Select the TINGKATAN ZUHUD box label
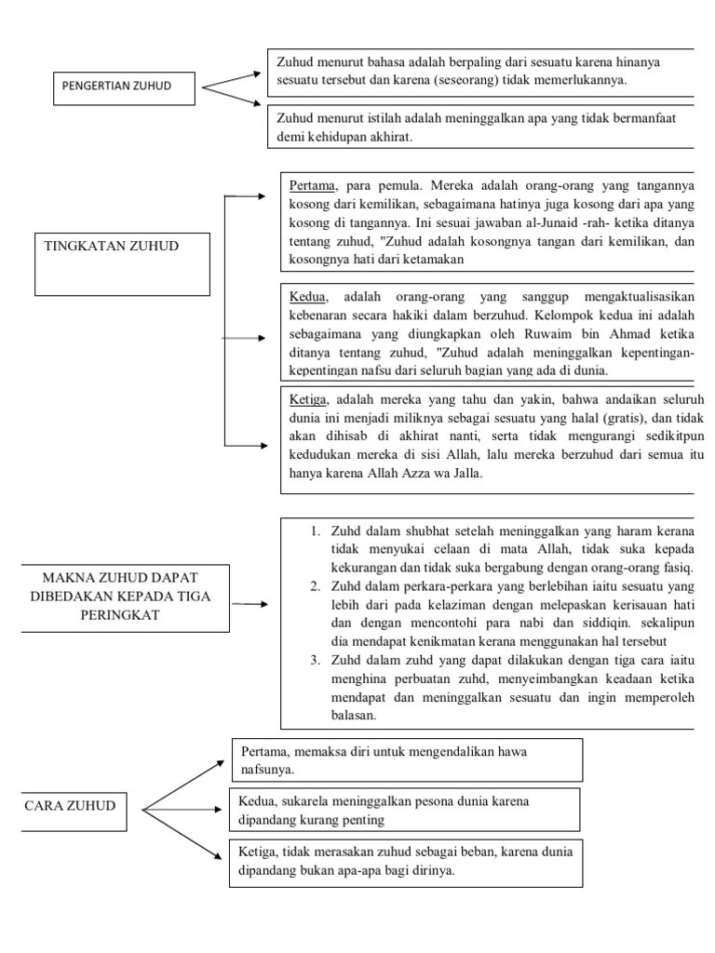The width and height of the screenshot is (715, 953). (x=112, y=246)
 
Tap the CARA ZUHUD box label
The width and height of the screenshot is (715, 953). (x=70, y=805)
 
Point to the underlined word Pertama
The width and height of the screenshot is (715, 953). (x=312, y=185)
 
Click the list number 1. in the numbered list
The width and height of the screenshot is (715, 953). (x=317, y=531)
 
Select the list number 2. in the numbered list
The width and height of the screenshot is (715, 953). (x=317, y=585)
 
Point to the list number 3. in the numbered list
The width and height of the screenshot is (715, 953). (x=317, y=659)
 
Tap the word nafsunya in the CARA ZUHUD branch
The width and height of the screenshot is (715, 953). (x=267, y=770)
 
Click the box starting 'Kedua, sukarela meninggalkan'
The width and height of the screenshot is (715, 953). (x=405, y=810)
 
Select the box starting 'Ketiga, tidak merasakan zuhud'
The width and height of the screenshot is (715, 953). (x=405, y=862)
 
